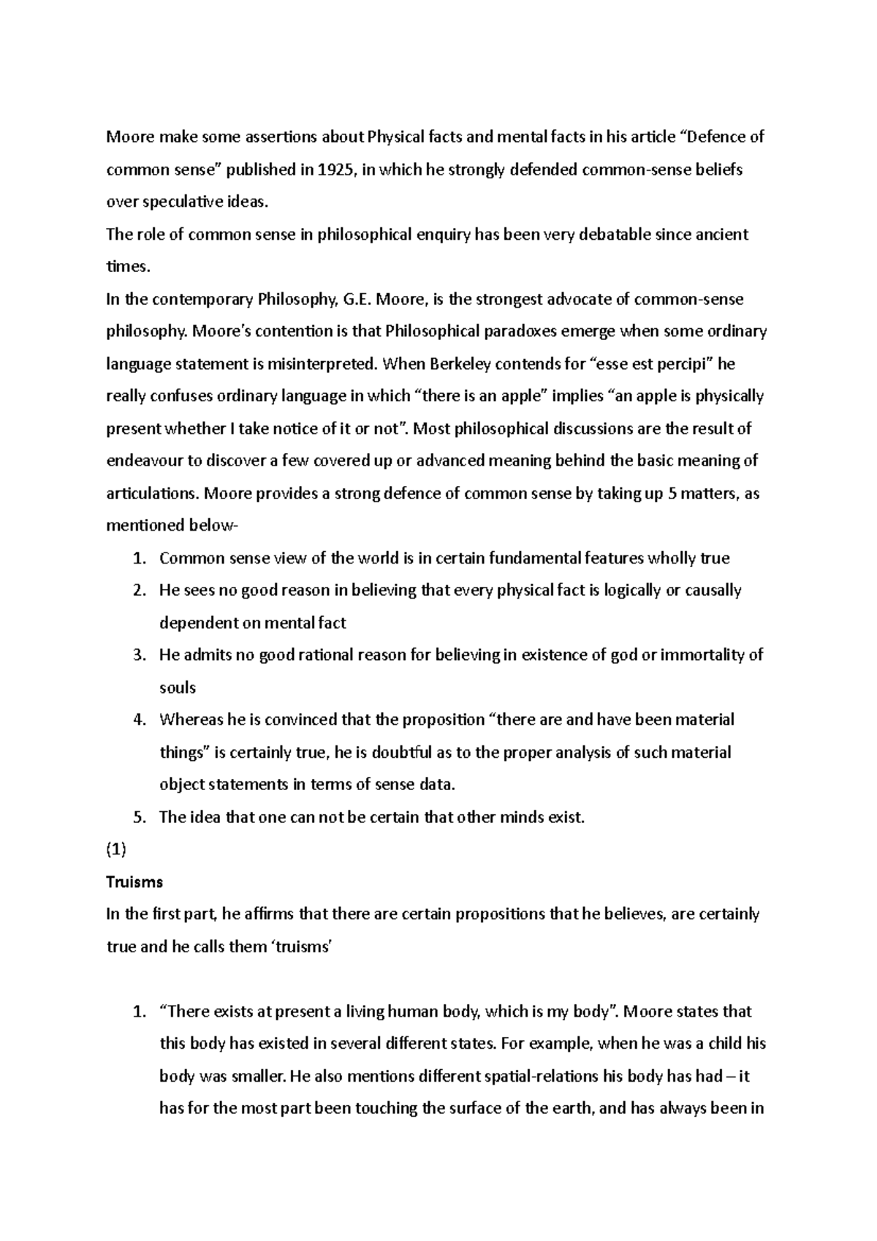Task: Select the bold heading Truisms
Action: tap(134, 881)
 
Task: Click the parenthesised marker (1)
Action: tap(116, 849)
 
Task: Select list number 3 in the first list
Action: tap(140, 655)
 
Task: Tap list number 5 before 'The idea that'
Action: tap(140, 817)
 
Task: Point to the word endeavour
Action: tap(143, 460)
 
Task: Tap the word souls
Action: tap(178, 687)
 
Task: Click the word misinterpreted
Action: tap(327, 363)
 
